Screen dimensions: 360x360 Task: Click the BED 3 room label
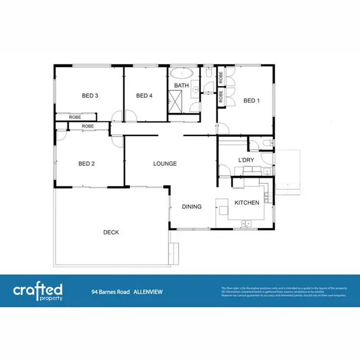click(90, 96)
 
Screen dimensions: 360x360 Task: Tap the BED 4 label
click(144, 96)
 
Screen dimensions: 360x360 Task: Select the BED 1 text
click(251, 100)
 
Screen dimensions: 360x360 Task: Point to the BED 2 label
click(86, 164)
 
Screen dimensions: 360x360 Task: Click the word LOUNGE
click(165, 164)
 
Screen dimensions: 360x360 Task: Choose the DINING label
click(192, 207)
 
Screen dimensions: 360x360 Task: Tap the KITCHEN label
click(247, 203)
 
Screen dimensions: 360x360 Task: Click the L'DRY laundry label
click(245, 160)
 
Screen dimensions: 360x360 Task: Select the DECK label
click(111, 232)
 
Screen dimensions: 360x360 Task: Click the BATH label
click(181, 85)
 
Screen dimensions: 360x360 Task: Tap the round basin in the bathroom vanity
click(196, 89)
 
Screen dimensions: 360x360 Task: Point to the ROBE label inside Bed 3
click(74, 117)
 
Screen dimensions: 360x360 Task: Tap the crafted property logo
click(38, 291)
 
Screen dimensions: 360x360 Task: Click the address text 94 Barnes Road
click(110, 291)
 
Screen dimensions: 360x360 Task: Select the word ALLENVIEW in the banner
click(148, 291)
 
